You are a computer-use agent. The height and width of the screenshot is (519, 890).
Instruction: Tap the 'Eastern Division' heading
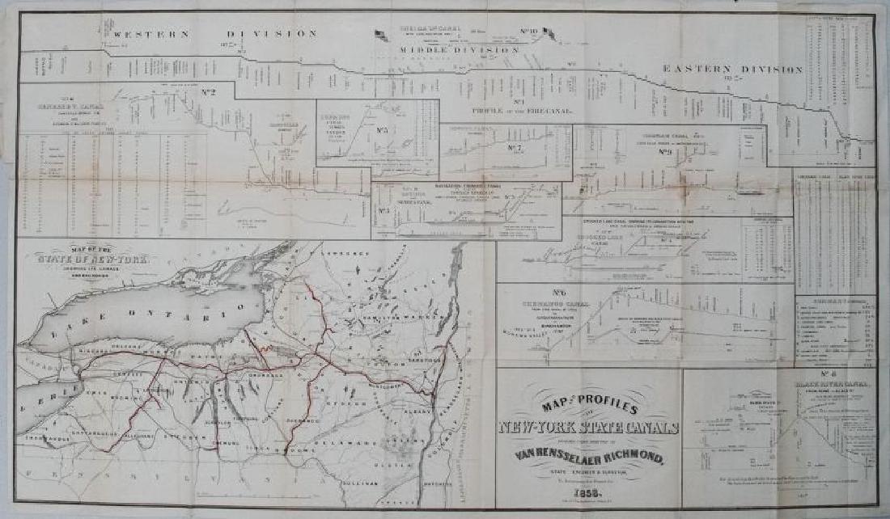[x=732, y=70]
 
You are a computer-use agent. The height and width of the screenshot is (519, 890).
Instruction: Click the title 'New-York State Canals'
[x=588, y=428]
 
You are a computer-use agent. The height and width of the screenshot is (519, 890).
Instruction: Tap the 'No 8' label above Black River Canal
[x=827, y=374]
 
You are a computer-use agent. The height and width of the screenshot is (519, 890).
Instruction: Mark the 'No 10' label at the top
[x=529, y=32]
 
